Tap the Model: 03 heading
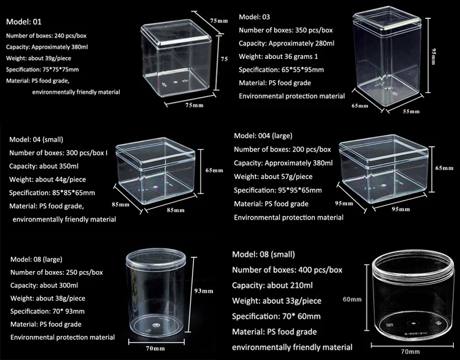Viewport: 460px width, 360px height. point(254,17)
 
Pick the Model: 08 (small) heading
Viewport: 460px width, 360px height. point(264,255)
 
